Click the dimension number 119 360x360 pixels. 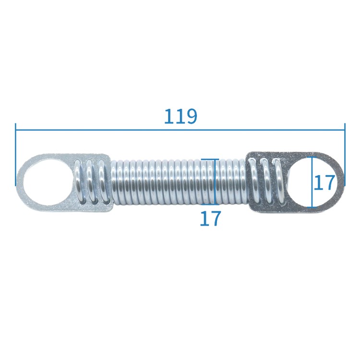pos(180,116)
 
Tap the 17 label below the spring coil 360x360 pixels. pos(210,218)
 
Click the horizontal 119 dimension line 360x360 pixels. pos(180,130)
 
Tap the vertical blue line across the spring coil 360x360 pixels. pos(215,181)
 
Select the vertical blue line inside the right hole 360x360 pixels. pos(312,182)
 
